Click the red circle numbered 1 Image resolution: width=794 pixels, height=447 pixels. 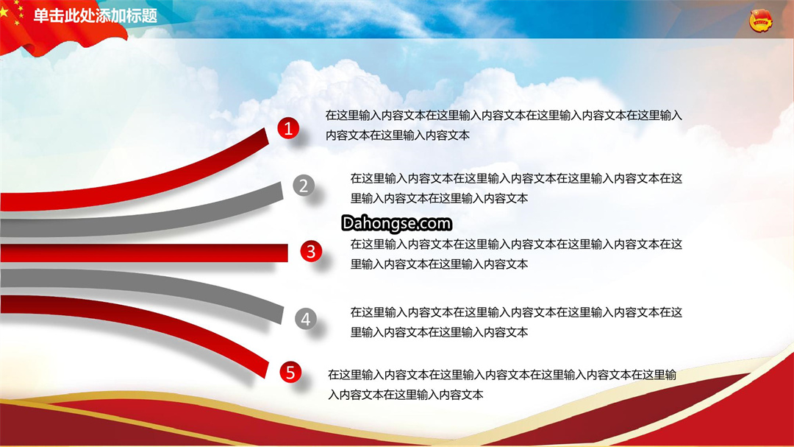[x=288, y=128]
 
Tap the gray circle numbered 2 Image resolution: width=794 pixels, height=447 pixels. [x=304, y=186]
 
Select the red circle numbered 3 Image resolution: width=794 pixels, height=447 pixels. [x=311, y=251]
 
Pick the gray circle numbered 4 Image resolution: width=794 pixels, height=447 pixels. [x=306, y=319]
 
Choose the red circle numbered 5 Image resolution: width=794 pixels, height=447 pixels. [x=290, y=373]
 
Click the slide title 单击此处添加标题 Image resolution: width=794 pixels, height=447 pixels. [x=95, y=15]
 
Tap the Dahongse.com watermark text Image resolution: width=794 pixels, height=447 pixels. [x=396, y=223]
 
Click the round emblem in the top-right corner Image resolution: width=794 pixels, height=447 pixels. [x=761, y=21]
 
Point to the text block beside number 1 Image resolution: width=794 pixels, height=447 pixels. [x=504, y=125]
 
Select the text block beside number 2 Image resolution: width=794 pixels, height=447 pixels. [x=516, y=189]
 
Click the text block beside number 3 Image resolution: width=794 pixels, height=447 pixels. [x=516, y=254]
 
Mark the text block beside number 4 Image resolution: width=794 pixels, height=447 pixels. [x=516, y=323]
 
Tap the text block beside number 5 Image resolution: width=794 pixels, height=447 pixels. [x=502, y=384]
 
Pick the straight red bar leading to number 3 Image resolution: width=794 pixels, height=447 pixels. [x=144, y=253]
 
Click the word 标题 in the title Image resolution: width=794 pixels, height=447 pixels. [x=143, y=15]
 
